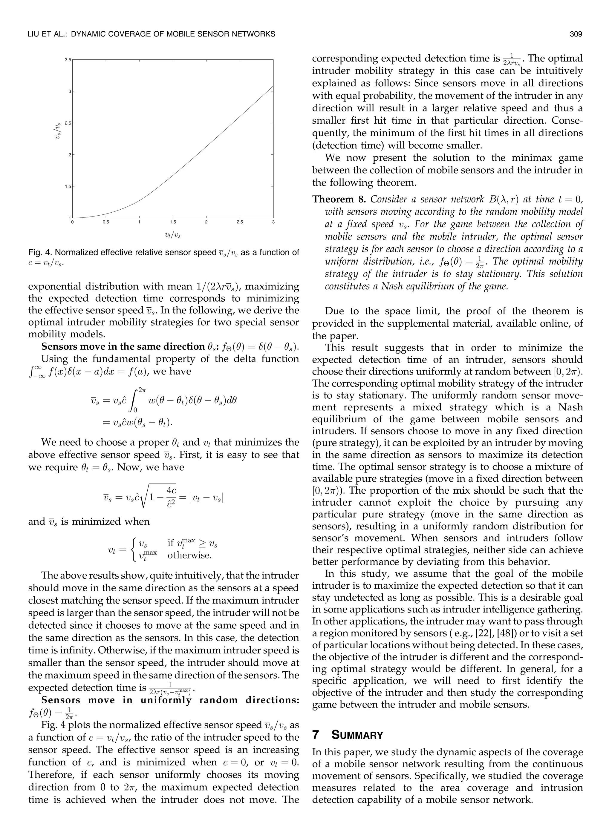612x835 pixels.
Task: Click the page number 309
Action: [576, 34]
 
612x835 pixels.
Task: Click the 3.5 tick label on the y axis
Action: [68, 60]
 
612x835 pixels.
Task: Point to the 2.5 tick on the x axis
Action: [239, 222]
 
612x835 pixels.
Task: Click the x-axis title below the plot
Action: [173, 234]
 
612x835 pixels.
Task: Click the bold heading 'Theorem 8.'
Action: [339, 199]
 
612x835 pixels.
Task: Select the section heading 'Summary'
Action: [357, 735]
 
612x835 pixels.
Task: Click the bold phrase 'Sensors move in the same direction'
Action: [122, 346]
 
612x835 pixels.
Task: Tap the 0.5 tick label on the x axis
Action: [105, 222]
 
